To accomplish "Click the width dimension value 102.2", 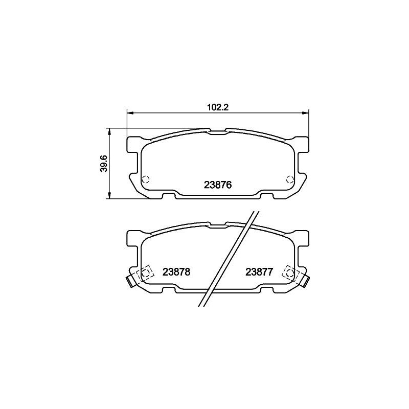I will [x=217, y=107].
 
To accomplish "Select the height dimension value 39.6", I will [x=104, y=163].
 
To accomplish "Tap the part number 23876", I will [x=218, y=186].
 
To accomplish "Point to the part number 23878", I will [x=176, y=272].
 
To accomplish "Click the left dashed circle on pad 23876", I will [x=145, y=179].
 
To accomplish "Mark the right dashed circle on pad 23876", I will [x=290, y=179].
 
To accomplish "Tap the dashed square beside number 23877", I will [x=289, y=273].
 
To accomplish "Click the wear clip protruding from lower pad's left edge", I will [x=130, y=280].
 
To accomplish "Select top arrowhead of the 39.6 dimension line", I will [x=109, y=130].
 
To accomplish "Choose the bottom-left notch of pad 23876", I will [x=168, y=196].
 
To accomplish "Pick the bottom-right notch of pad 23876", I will [x=267, y=196].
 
